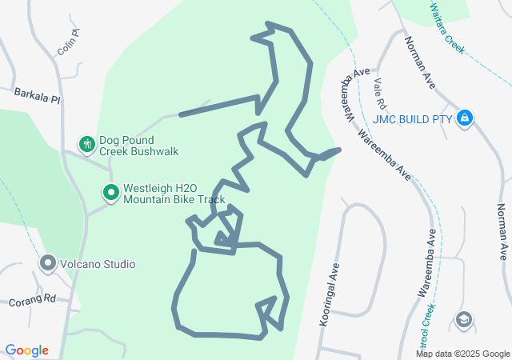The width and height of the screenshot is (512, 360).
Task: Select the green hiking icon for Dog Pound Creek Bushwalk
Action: (x=86, y=144)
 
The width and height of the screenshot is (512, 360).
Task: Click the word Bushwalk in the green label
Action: (x=152, y=150)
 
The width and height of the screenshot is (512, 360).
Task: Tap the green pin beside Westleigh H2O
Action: (x=110, y=193)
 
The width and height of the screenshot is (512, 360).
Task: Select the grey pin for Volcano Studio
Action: (x=48, y=262)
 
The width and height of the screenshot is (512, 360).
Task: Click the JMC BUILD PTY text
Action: (x=413, y=120)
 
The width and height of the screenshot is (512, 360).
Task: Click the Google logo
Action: (x=27, y=350)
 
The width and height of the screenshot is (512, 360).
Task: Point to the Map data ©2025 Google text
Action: (x=462, y=354)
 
